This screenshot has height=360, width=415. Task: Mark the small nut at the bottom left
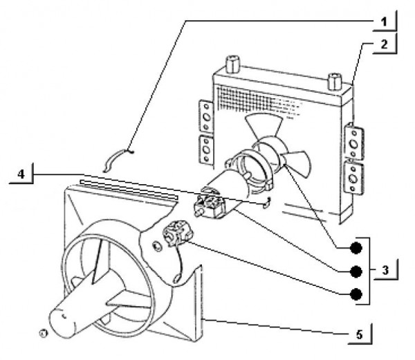pos(43,332)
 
